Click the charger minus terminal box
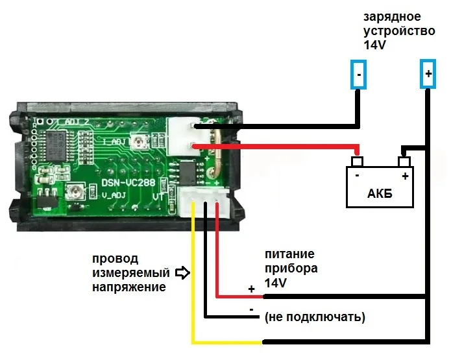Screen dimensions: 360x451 click(358, 75)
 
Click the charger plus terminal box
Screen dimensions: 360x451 click(428, 75)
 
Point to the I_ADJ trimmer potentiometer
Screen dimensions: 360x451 click(138, 140)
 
